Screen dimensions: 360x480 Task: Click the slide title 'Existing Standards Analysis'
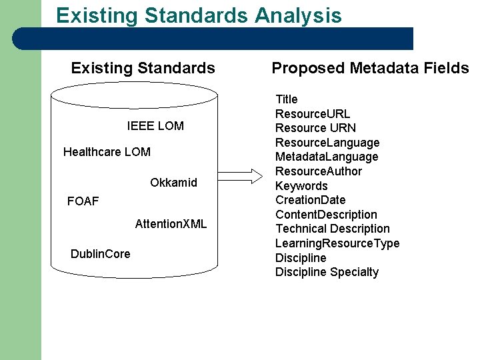[199, 15]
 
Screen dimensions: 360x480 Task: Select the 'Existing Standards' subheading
[143, 68]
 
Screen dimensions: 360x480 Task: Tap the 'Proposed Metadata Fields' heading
[370, 68]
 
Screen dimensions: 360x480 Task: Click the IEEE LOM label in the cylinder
[155, 126]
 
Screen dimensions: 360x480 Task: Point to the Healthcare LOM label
[107, 152]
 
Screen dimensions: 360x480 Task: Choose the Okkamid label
[173, 183]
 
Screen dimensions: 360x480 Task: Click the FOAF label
[83, 201]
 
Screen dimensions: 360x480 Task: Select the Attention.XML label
[171, 224]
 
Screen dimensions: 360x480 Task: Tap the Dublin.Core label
[100, 254]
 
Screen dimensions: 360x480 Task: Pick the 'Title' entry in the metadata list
[287, 99]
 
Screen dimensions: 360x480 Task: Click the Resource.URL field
[313, 114]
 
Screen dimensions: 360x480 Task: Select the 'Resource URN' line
[315, 128]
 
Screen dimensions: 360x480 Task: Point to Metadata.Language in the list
[327, 157]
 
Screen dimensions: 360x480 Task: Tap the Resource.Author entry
[319, 171]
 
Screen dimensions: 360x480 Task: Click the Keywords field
[301, 186]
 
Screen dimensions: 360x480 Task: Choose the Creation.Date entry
[311, 200]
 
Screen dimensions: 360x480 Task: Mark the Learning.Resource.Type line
[337, 243]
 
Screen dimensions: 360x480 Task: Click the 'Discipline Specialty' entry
[327, 272]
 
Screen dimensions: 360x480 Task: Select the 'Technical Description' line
[333, 229]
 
